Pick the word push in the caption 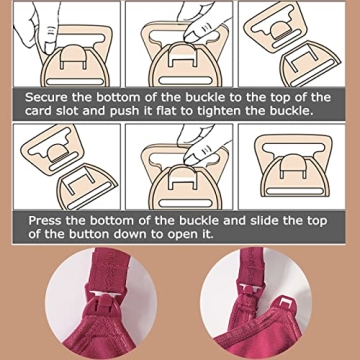[x=144, y=111]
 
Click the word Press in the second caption [x=50, y=219]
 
